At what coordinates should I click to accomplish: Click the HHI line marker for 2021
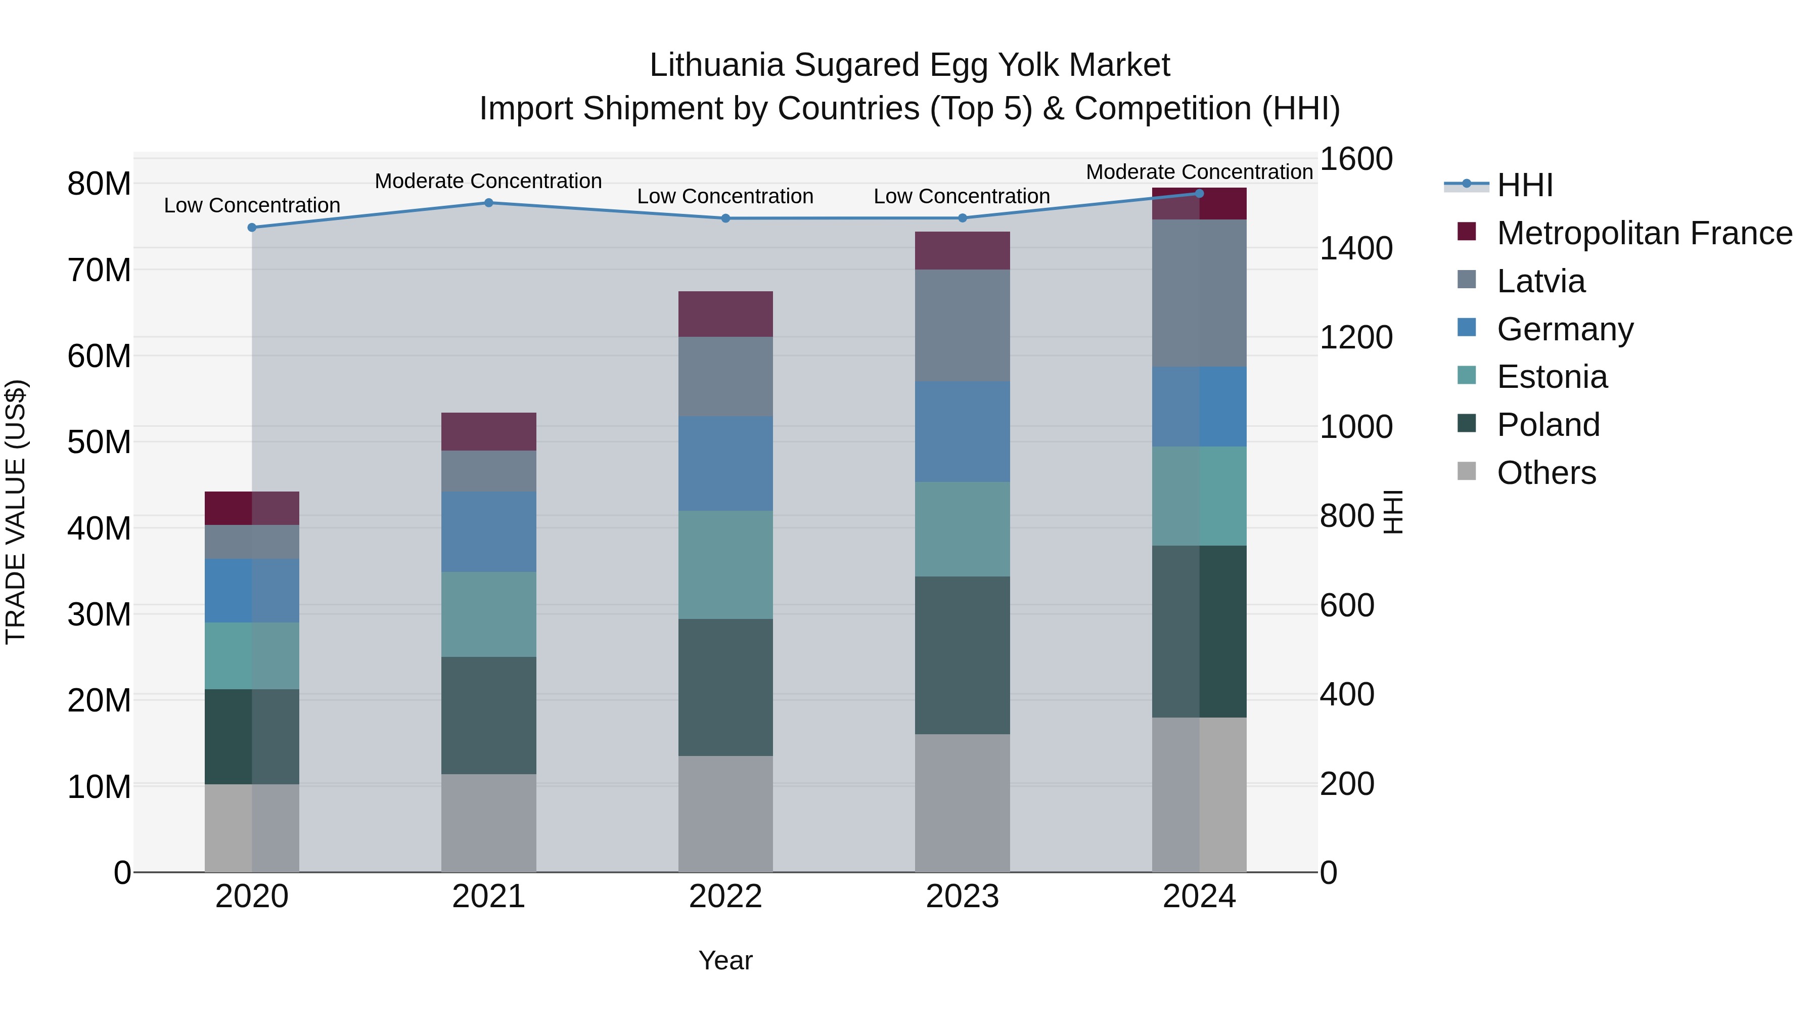tap(488, 203)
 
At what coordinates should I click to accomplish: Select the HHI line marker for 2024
tap(1199, 193)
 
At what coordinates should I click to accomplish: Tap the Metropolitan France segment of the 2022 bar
tap(725, 314)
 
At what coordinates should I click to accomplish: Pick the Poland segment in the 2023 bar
tap(962, 655)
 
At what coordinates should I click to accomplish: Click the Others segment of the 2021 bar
tap(488, 823)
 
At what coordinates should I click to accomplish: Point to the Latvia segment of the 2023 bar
tap(962, 326)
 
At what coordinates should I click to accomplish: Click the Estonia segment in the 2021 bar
tap(488, 614)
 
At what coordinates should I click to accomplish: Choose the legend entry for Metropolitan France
tap(1644, 233)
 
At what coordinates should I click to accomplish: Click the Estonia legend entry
tap(1552, 377)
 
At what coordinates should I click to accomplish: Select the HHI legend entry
tap(1525, 185)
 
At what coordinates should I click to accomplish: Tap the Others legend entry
tap(1546, 473)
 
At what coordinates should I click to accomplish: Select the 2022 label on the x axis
tap(725, 897)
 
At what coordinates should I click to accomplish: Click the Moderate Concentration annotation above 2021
tap(488, 181)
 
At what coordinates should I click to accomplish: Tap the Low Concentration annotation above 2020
tap(252, 206)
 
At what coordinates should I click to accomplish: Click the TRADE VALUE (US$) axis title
tap(16, 512)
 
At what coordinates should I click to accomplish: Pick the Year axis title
tap(725, 960)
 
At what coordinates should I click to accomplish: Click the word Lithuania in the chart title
tap(716, 65)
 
